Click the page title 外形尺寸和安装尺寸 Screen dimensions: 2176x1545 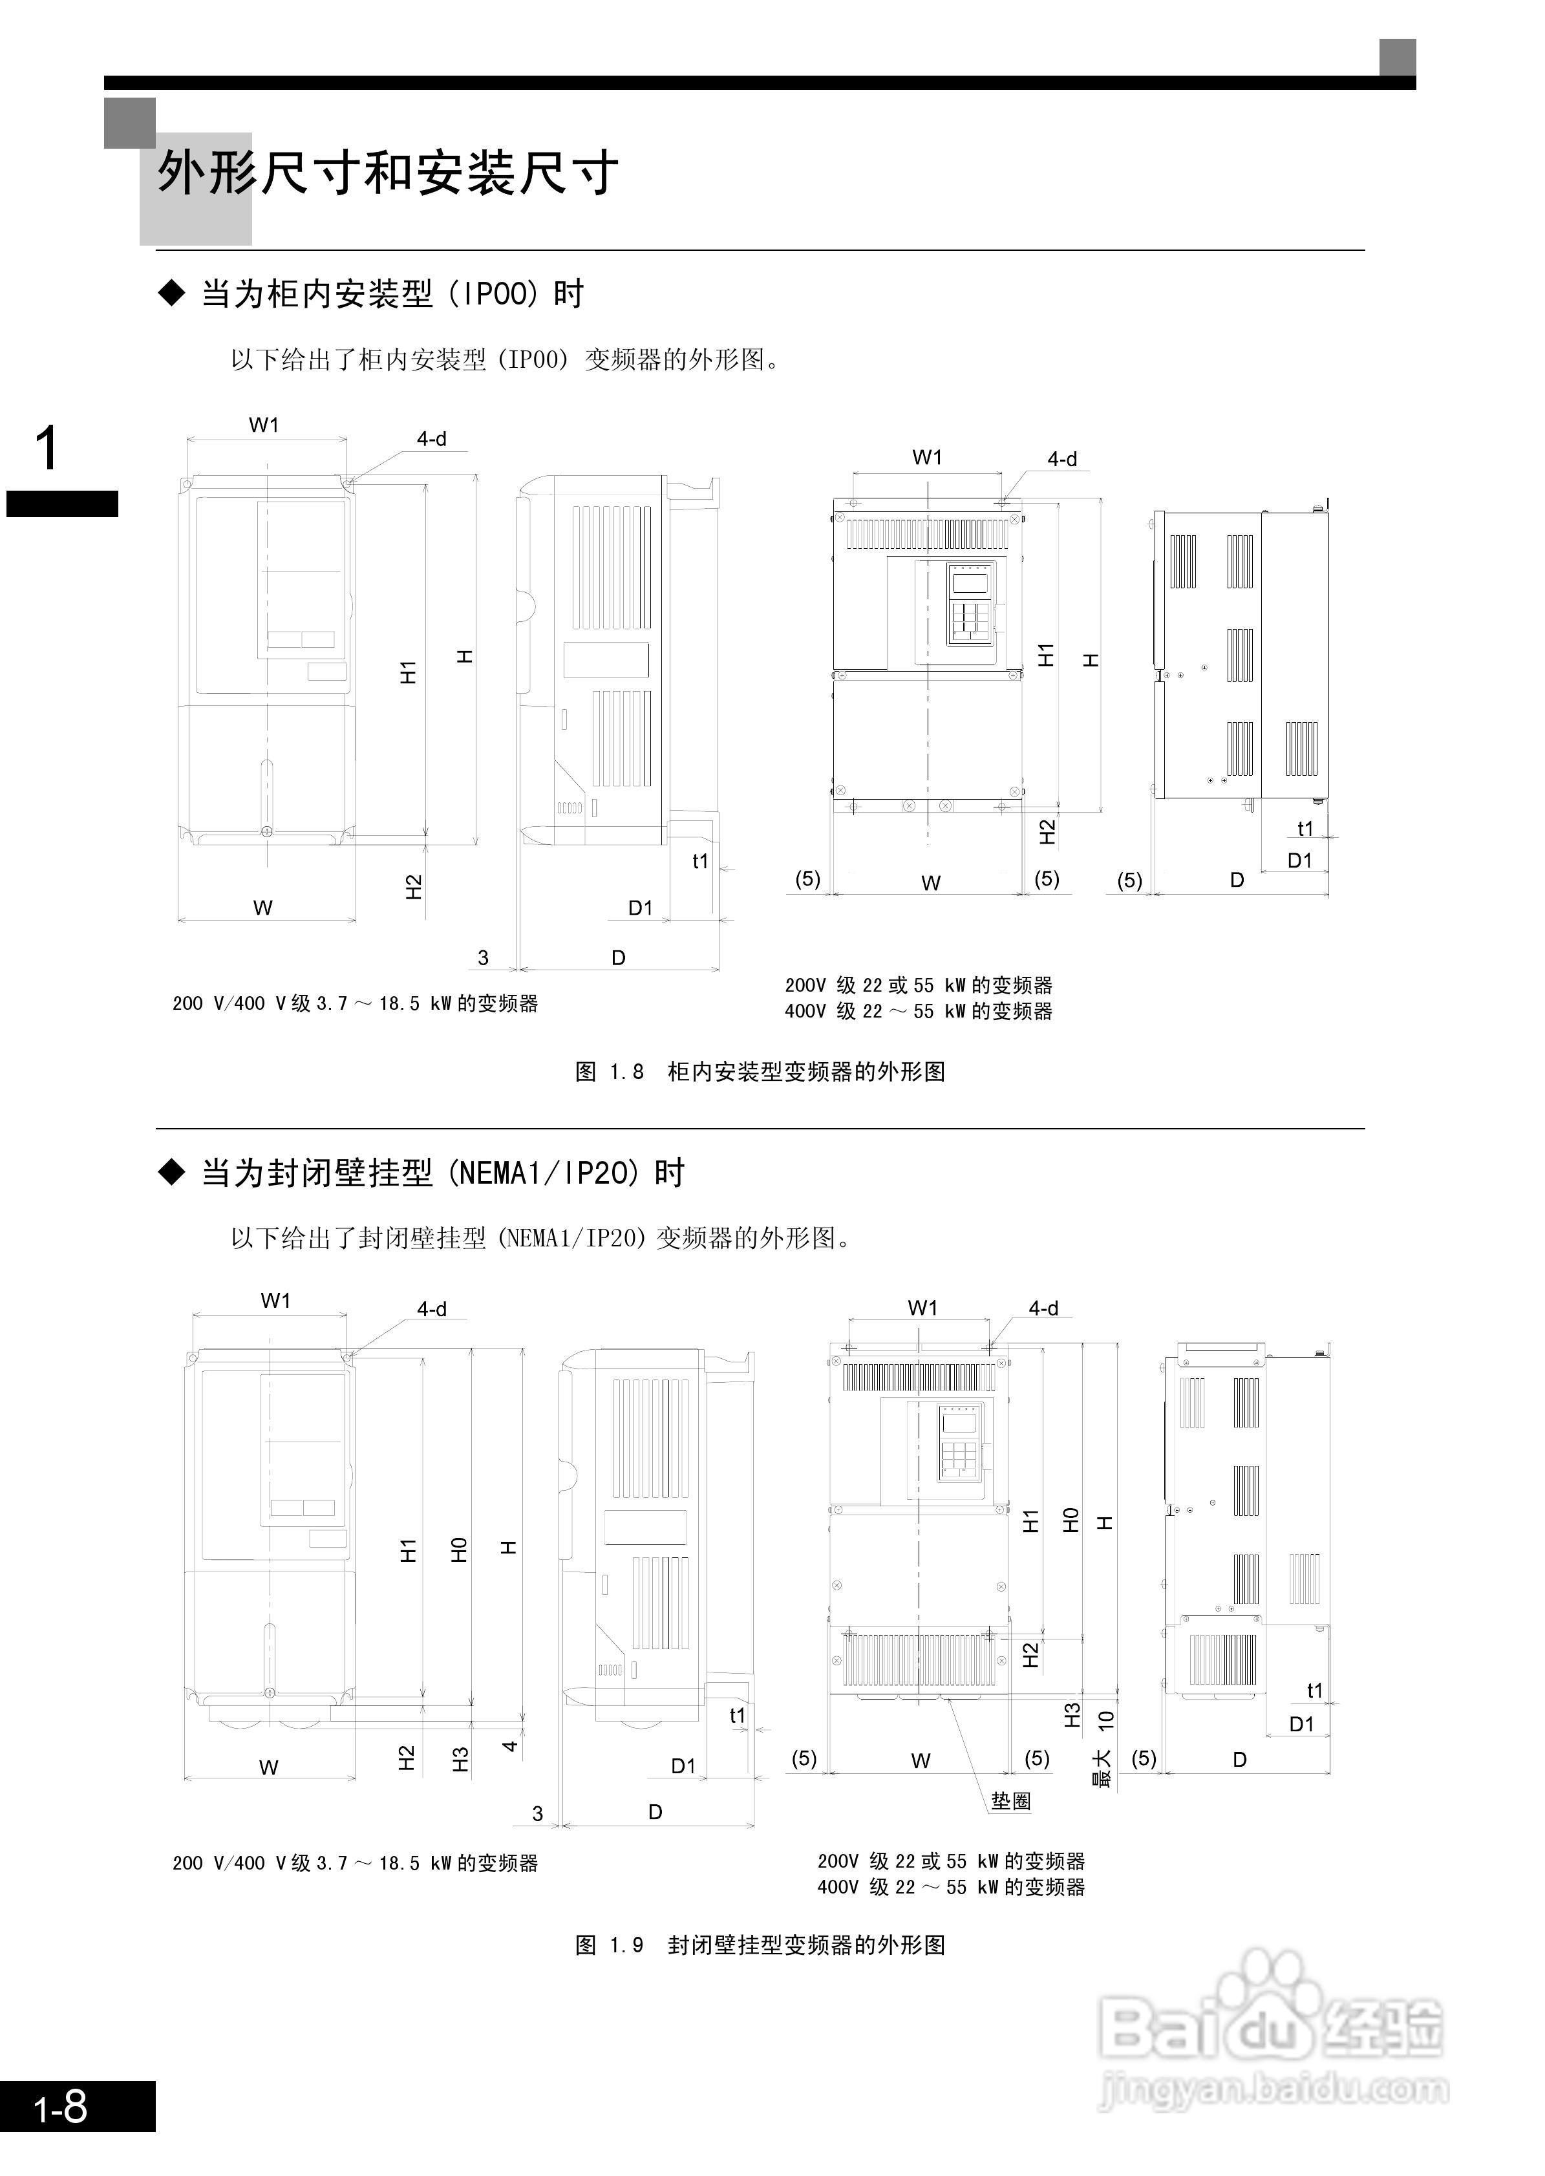(x=388, y=174)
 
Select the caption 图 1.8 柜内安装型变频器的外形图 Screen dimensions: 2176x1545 (x=760, y=1072)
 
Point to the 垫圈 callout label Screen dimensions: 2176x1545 (x=1010, y=1801)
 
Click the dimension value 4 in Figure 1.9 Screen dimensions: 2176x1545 (x=510, y=1746)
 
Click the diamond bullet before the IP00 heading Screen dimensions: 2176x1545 (x=172, y=294)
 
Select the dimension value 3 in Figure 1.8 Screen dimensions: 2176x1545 (x=484, y=958)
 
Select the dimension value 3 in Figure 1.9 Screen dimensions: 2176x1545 (x=537, y=1813)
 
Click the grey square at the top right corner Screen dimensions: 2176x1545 (x=1398, y=57)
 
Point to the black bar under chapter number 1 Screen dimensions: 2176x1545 (x=62, y=504)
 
